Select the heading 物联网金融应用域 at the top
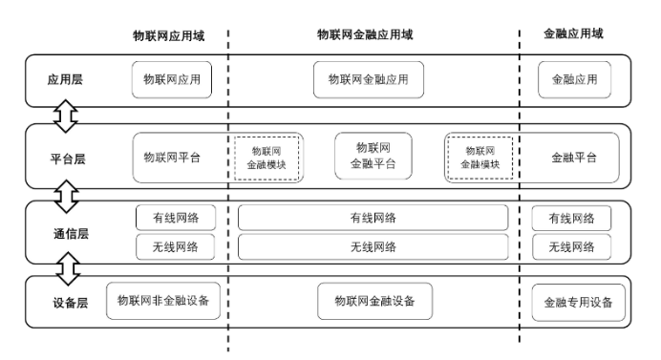click(365, 33)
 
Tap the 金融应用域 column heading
click(573, 33)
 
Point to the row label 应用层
click(65, 80)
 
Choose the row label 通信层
click(65, 232)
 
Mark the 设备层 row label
click(65, 303)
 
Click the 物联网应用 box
click(172, 80)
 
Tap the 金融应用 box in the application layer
click(574, 80)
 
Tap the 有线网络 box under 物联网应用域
click(175, 218)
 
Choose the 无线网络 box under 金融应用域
click(570, 246)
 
